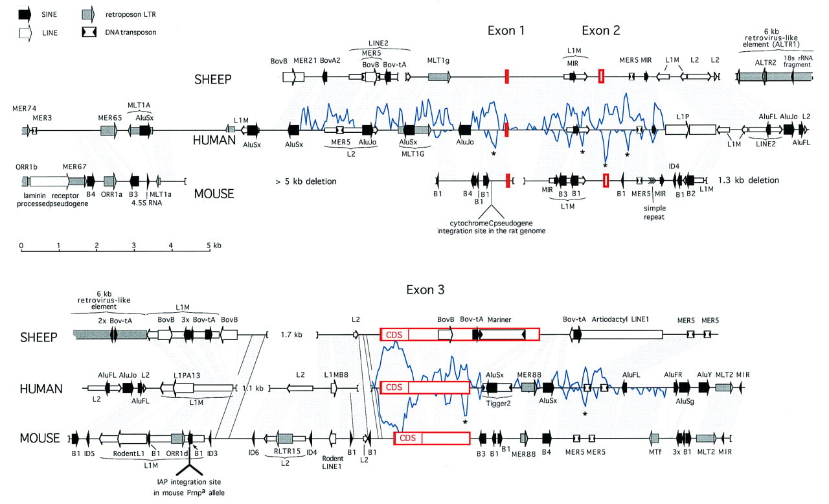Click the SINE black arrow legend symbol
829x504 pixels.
(x=25, y=14)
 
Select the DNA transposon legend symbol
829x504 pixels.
(x=89, y=32)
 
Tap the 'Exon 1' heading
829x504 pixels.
(x=506, y=30)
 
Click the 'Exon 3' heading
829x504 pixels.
(x=426, y=290)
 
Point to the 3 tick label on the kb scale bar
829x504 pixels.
(x=133, y=245)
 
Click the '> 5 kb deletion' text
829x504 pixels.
(x=306, y=181)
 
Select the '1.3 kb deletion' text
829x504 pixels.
(x=748, y=180)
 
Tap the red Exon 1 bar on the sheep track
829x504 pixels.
(x=507, y=76)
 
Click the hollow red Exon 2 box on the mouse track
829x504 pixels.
(x=606, y=181)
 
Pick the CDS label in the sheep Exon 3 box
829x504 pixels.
(x=394, y=335)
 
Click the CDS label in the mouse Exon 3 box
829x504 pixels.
(x=407, y=438)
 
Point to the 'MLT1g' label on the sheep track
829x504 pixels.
(x=438, y=60)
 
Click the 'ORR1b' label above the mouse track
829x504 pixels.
(x=27, y=167)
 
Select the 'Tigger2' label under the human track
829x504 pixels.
(x=498, y=404)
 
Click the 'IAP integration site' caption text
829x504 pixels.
(x=188, y=482)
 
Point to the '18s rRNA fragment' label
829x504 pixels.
(x=798, y=61)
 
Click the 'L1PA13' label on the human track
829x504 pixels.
(x=187, y=375)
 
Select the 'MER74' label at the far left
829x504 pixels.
(x=25, y=108)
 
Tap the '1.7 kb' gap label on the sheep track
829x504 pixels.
(x=291, y=335)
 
